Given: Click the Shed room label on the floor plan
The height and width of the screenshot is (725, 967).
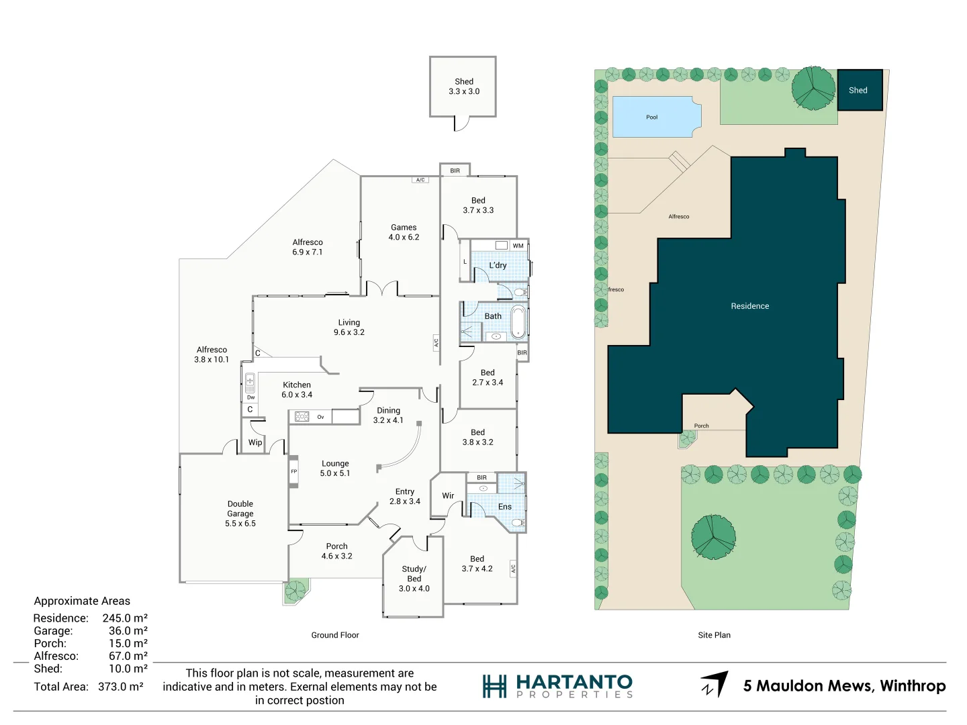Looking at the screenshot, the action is pyautogui.click(x=464, y=87).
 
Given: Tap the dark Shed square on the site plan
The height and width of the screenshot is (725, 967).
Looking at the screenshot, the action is pyautogui.click(x=860, y=90).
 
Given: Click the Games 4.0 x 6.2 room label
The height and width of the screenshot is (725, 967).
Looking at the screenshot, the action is pyautogui.click(x=404, y=232).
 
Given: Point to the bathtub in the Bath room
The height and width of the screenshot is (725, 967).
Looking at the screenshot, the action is pyautogui.click(x=518, y=322).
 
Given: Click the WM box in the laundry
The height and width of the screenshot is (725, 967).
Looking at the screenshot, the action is pyautogui.click(x=518, y=246).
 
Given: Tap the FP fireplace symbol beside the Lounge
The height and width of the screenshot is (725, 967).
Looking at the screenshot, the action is pyautogui.click(x=293, y=471).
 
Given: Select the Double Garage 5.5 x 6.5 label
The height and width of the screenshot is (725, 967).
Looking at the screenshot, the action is pyautogui.click(x=240, y=514).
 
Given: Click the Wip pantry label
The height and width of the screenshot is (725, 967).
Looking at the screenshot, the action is pyautogui.click(x=255, y=442).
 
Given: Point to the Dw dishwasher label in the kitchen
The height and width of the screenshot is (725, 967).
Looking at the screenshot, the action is pyautogui.click(x=250, y=397).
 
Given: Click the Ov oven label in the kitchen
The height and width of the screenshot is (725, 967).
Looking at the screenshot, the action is pyautogui.click(x=320, y=417).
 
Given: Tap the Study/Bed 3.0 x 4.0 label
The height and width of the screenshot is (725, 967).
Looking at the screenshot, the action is pyautogui.click(x=414, y=579).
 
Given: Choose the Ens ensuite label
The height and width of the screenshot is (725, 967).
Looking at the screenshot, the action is pyautogui.click(x=505, y=507).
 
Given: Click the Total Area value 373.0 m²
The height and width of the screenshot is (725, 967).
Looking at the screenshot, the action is pyautogui.click(x=121, y=687).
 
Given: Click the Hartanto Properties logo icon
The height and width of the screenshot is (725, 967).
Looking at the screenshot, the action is pyautogui.click(x=494, y=686).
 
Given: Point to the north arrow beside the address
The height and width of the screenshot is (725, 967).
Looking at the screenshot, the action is pyautogui.click(x=715, y=684).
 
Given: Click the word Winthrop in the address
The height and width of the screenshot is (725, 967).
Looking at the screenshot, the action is pyautogui.click(x=913, y=686).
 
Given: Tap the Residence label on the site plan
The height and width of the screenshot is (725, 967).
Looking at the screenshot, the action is pyautogui.click(x=750, y=306).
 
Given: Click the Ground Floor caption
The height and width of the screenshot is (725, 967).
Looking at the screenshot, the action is pyautogui.click(x=335, y=635).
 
